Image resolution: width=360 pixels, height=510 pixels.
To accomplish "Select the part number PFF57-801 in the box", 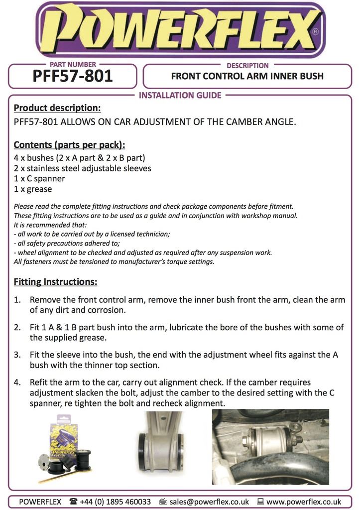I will [73, 76].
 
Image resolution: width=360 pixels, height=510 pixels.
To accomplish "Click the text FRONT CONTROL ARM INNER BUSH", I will [247, 76].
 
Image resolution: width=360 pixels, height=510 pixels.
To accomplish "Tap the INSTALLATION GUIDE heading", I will [180, 95].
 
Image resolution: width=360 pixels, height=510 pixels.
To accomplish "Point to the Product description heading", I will [57, 108].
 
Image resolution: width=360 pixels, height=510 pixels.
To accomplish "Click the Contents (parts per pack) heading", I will [69, 145].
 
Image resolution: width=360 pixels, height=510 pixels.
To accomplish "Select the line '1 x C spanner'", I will [39, 178].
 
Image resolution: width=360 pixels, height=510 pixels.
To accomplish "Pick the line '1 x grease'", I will [33, 189].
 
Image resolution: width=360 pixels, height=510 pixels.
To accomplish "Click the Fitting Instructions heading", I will [55, 282].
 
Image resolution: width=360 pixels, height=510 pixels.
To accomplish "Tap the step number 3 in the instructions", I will [17, 355].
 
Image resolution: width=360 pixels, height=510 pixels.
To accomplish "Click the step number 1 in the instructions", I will [17, 300].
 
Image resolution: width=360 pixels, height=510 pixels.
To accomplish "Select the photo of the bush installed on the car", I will [270, 446].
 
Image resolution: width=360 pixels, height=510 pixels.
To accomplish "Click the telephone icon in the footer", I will [74, 502].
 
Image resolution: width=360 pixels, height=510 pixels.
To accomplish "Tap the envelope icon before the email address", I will [162, 502].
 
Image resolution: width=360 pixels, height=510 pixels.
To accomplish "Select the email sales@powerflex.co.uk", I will [209, 502].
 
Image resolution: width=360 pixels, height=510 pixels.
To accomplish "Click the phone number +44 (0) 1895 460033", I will [115, 502].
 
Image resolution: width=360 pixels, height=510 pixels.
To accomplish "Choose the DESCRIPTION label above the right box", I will [247, 65].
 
